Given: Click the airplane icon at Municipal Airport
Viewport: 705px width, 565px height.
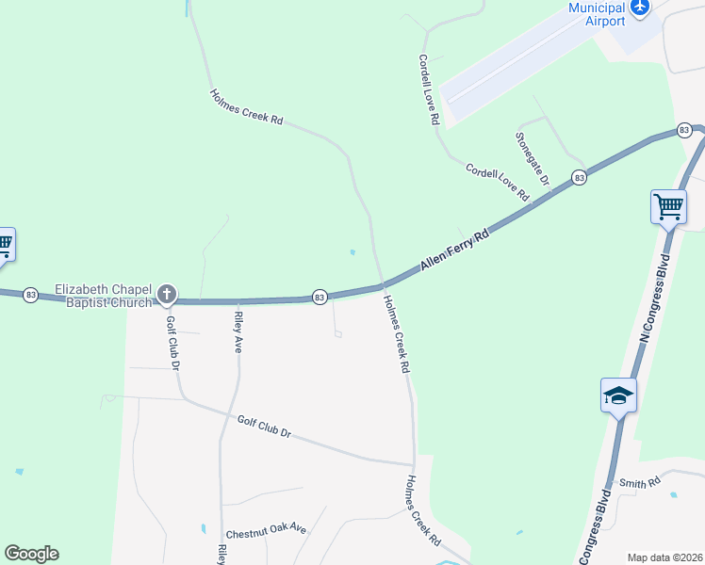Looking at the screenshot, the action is click(641, 8).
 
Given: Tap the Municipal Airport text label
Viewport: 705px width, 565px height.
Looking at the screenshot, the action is click(597, 14).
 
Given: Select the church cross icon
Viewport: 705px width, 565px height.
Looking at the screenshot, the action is click(167, 295).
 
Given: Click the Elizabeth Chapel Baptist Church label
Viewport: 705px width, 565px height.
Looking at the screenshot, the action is click(103, 296).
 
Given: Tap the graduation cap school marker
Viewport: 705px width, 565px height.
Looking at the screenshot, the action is click(618, 395).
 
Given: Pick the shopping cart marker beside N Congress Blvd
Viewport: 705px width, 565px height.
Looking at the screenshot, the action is click(668, 206).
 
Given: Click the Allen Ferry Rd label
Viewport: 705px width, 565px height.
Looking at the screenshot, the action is click(455, 251).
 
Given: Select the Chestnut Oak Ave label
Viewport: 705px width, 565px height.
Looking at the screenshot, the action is click(267, 529).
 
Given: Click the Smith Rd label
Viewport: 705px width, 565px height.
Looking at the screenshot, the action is click(640, 484).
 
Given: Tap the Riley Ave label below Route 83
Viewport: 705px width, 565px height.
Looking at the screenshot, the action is click(238, 331).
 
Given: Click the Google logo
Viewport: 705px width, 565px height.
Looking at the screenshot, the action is click(31, 554).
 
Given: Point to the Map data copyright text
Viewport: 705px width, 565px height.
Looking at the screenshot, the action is click(664, 557).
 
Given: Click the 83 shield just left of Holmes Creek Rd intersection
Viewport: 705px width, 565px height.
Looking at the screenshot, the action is click(320, 298).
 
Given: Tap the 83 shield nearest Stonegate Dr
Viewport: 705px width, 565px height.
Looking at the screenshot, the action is click(579, 177).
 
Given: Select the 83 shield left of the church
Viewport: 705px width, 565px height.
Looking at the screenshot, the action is click(30, 295).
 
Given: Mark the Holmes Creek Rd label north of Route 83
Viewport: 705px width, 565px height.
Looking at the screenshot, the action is click(246, 107).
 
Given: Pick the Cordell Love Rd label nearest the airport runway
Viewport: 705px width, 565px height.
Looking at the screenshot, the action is click(429, 89).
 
